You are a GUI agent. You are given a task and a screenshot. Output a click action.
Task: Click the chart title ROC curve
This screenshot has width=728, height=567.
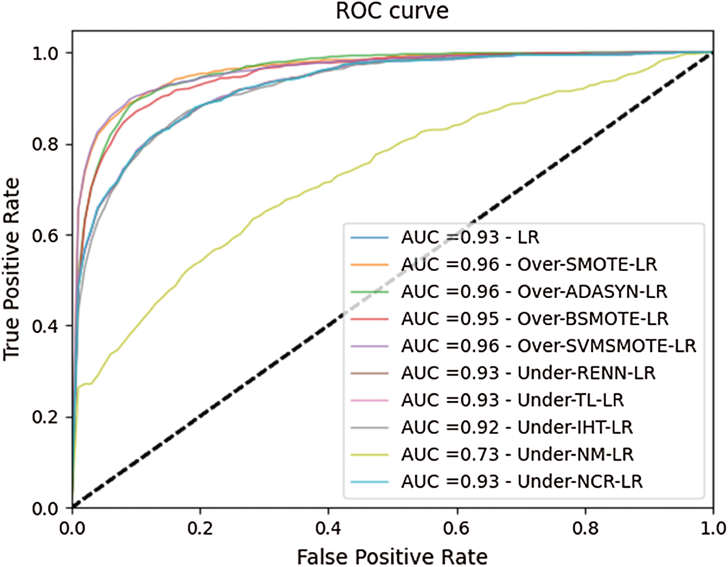pos(392,11)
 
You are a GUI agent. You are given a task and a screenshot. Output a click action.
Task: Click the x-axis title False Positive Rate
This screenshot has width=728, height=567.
pos(392,555)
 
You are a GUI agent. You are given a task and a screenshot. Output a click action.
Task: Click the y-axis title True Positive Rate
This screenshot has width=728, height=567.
pos(12,269)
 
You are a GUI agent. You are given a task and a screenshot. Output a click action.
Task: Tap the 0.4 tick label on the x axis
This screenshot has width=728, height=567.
pos(328,528)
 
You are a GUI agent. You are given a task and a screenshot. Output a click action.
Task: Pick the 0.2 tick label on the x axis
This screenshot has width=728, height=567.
pos(200,528)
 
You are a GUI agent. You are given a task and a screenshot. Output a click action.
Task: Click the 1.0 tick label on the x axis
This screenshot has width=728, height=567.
pos(712,528)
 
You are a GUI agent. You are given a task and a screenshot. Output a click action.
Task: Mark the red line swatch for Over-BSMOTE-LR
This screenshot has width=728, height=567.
pos(369,319)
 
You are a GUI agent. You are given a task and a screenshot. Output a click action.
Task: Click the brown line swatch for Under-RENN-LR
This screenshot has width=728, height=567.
pos(369,373)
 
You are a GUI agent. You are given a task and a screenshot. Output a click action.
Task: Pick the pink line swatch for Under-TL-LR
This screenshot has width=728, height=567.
pos(369,400)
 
